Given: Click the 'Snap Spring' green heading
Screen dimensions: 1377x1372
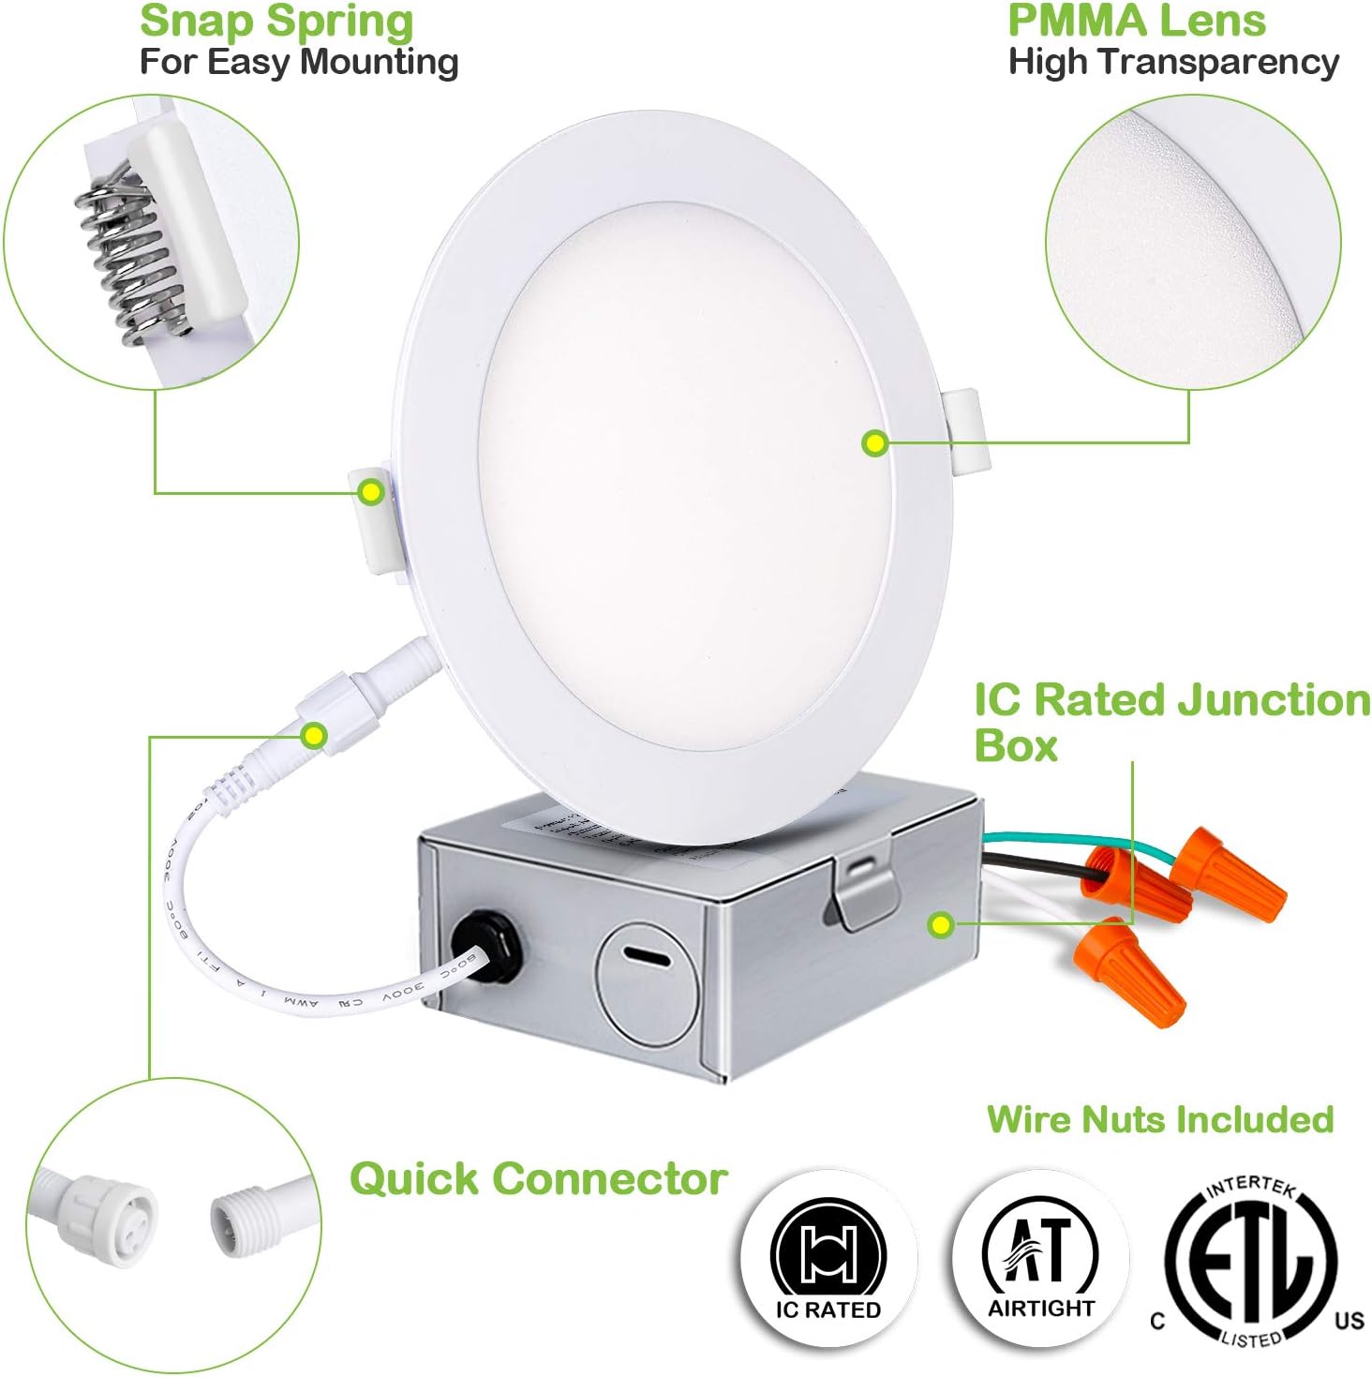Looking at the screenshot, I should click(x=276, y=22).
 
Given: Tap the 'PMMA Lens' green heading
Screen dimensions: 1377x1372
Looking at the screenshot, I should click(x=1136, y=21).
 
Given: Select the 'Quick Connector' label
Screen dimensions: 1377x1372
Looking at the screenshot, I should click(x=538, y=1179).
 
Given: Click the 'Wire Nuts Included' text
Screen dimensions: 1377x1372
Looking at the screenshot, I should click(x=1159, y=1119).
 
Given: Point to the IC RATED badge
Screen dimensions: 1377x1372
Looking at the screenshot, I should click(x=828, y=1259).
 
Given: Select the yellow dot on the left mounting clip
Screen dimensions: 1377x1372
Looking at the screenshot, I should click(x=371, y=492).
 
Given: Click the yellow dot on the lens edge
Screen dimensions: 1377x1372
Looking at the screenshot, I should click(x=874, y=443).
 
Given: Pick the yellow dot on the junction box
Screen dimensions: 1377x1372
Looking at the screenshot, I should click(x=940, y=925).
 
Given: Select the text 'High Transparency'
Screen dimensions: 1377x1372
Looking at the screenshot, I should click(x=1172, y=63).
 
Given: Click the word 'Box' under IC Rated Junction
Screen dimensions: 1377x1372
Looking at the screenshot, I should click(x=1015, y=746).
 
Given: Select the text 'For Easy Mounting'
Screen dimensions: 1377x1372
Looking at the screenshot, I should click(x=298, y=63).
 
